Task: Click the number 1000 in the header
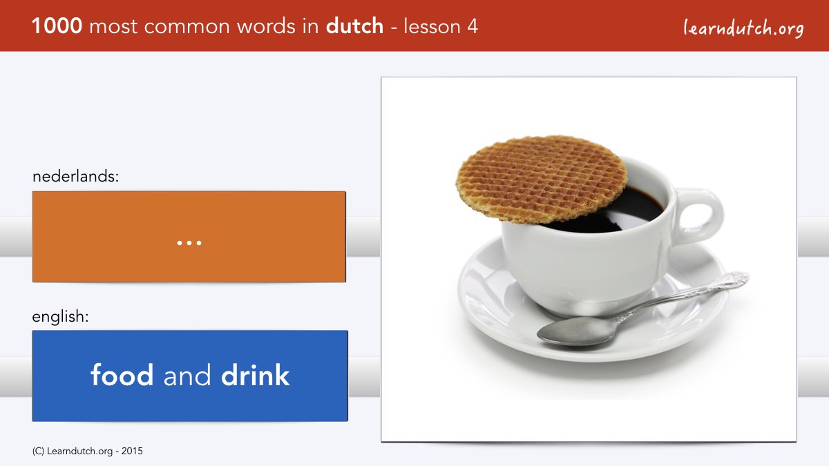point(57,26)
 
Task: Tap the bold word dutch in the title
point(354,26)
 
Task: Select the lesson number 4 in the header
point(473,27)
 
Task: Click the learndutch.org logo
point(743,28)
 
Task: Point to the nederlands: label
point(75,176)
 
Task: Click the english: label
point(60,317)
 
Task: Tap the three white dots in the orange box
point(189,243)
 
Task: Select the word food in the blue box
point(122,375)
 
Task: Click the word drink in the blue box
point(255,375)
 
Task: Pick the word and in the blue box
point(187,376)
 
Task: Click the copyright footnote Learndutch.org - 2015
point(87,452)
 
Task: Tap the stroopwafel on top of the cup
point(542,179)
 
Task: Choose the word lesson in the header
point(432,27)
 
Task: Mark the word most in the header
point(113,27)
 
